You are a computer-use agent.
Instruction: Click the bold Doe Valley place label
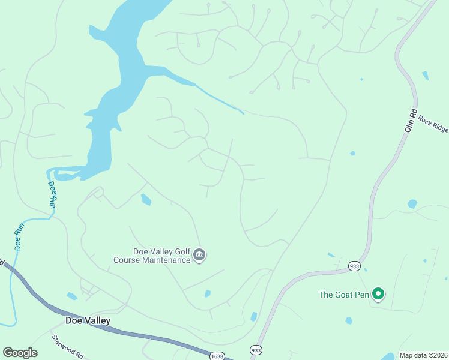pos(88,321)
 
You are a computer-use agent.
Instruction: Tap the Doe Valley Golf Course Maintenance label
pos(152,256)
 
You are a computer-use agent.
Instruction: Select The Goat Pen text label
pos(343,295)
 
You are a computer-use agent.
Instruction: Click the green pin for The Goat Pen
pos(378,294)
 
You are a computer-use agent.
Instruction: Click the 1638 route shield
pos(217,356)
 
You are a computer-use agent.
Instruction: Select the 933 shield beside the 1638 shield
pos(256,349)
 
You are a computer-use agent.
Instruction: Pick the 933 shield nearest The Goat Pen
pos(354,265)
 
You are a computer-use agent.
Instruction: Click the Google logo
pos(20,353)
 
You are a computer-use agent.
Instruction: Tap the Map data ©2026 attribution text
pos(424,355)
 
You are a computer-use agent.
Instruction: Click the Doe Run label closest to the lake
pos(52,194)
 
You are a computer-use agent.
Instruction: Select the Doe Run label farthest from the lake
pos(19,236)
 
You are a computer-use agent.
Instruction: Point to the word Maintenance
pos(166,260)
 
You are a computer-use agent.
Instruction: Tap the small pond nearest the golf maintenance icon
pos(207,294)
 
